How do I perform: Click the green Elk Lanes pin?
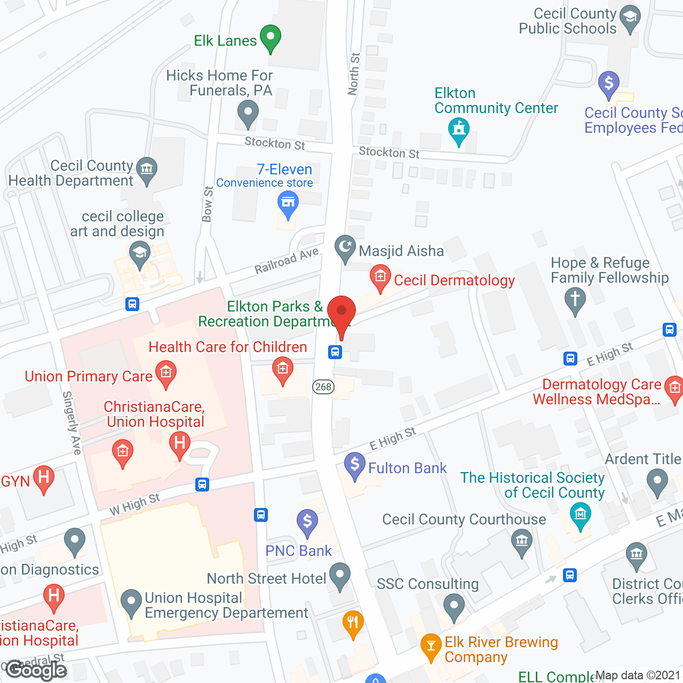[270, 38]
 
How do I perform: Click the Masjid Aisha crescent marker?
[345, 248]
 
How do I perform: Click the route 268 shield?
[323, 387]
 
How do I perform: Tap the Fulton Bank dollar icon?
[355, 465]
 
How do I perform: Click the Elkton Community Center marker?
[459, 130]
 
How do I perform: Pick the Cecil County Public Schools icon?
[630, 18]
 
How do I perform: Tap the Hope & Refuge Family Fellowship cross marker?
[575, 299]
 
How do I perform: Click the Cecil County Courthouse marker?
[522, 541]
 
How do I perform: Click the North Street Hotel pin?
[340, 576]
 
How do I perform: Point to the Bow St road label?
[208, 204]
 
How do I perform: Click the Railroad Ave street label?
[286, 261]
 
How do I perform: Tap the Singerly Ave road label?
[72, 423]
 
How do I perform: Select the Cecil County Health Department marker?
[147, 170]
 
